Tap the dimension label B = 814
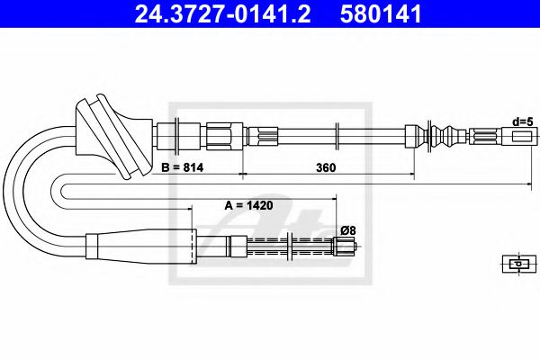[184, 168]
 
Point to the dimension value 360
[326, 167]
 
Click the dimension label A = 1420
[247, 205]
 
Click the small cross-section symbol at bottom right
[515, 264]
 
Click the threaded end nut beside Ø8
[344, 244]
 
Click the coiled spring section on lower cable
[270, 244]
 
